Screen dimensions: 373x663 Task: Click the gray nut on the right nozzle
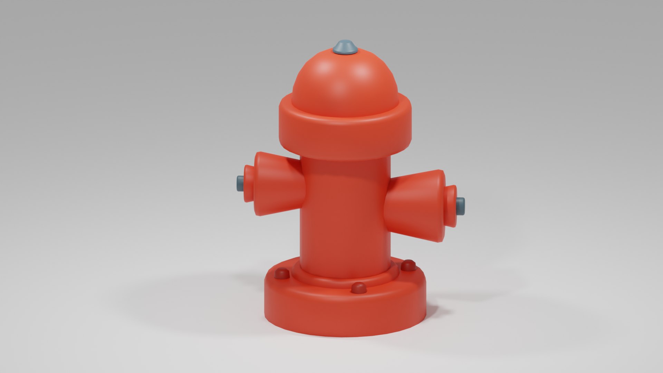click(461, 206)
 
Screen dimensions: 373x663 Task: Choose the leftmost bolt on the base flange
click(282, 274)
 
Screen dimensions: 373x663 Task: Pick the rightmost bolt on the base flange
click(409, 265)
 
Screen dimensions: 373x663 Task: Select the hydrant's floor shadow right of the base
click(456, 304)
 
